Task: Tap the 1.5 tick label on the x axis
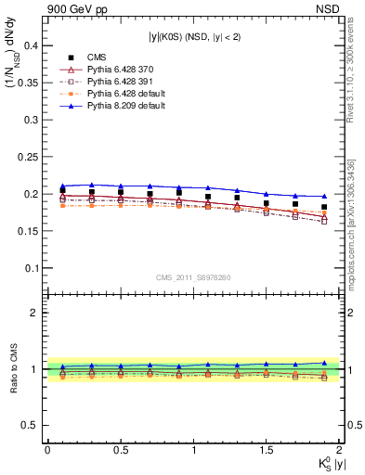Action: pos(267,449)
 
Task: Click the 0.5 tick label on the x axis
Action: pos(120,449)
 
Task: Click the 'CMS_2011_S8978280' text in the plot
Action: pos(192,276)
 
